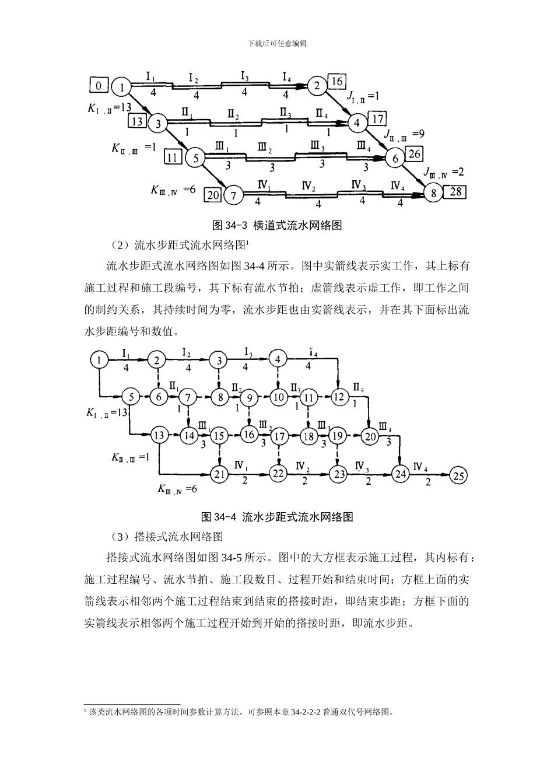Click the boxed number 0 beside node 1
tap(99, 86)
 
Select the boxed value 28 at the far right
tap(454, 192)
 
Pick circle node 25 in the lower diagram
tap(459, 476)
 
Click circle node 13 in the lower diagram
tap(159, 435)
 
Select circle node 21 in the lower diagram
tap(219, 474)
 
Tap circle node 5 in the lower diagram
tap(131, 397)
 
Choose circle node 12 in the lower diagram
tap(339, 397)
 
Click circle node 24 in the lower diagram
tap(400, 474)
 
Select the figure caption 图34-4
tap(276, 516)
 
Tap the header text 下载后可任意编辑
tap(277, 43)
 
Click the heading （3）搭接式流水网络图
tap(167, 537)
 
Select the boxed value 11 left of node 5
tap(173, 156)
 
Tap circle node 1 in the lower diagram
tap(99, 360)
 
